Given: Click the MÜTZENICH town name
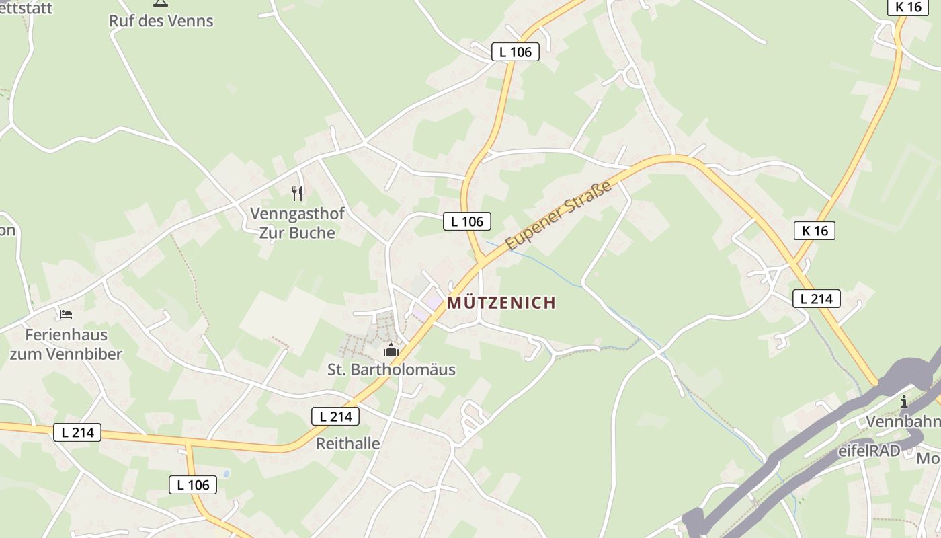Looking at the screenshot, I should click(501, 303).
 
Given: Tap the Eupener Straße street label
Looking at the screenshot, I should click(559, 215).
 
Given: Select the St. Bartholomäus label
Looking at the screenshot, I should click(391, 369).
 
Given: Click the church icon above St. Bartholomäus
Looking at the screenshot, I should click(391, 350).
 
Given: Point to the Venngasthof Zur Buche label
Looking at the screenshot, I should click(297, 223).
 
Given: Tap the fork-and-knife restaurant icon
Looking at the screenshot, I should click(297, 194).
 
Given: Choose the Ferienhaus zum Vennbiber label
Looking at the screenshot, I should click(66, 344).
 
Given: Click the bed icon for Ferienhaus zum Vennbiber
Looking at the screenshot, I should click(65, 314).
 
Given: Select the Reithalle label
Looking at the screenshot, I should click(347, 444).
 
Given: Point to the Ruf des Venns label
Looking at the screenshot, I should click(161, 21).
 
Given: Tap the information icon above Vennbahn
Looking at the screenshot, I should click(904, 402).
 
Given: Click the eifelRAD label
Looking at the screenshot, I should click(868, 451).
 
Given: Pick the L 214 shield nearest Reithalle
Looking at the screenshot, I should click(335, 416).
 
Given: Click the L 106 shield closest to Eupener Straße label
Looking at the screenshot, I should click(466, 221).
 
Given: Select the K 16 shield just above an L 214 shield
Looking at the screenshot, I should click(814, 231).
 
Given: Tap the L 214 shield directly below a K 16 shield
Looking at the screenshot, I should click(816, 299).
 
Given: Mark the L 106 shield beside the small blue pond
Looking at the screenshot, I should click(193, 484).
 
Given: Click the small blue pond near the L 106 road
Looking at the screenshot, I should click(226, 474).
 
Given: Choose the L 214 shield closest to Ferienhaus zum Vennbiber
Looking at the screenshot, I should click(77, 432).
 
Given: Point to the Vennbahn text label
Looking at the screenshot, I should click(903, 422).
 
